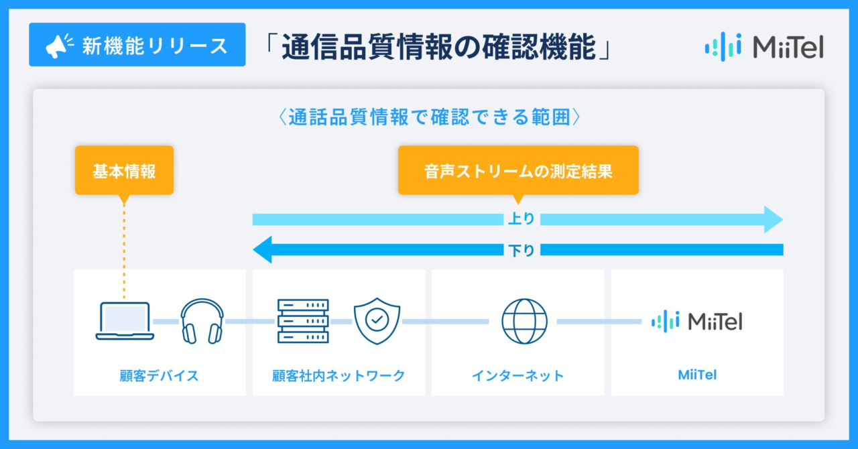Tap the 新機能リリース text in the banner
pyautogui.click(x=155, y=46)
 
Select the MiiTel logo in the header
pyautogui.click(x=764, y=47)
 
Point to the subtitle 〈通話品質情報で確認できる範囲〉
pyautogui.click(x=429, y=117)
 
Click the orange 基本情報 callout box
pyautogui.click(x=124, y=170)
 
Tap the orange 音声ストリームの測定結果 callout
pyautogui.click(x=518, y=170)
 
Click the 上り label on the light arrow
pyautogui.click(x=522, y=218)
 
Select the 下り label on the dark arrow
pyautogui.click(x=522, y=250)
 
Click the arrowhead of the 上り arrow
pyautogui.click(x=774, y=220)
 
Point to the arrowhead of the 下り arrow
pyautogui.click(x=262, y=250)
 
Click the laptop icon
pyautogui.click(x=125, y=321)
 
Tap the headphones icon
pyautogui.click(x=202, y=321)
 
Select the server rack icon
pyautogui.click(x=303, y=321)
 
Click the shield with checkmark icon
pyautogui.click(x=377, y=321)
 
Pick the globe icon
pyautogui.click(x=524, y=322)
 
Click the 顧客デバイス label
pyautogui.click(x=159, y=375)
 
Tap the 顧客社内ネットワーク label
pyautogui.click(x=339, y=375)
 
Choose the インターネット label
pyautogui.click(x=518, y=375)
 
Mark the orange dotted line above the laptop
pyautogui.click(x=124, y=251)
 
